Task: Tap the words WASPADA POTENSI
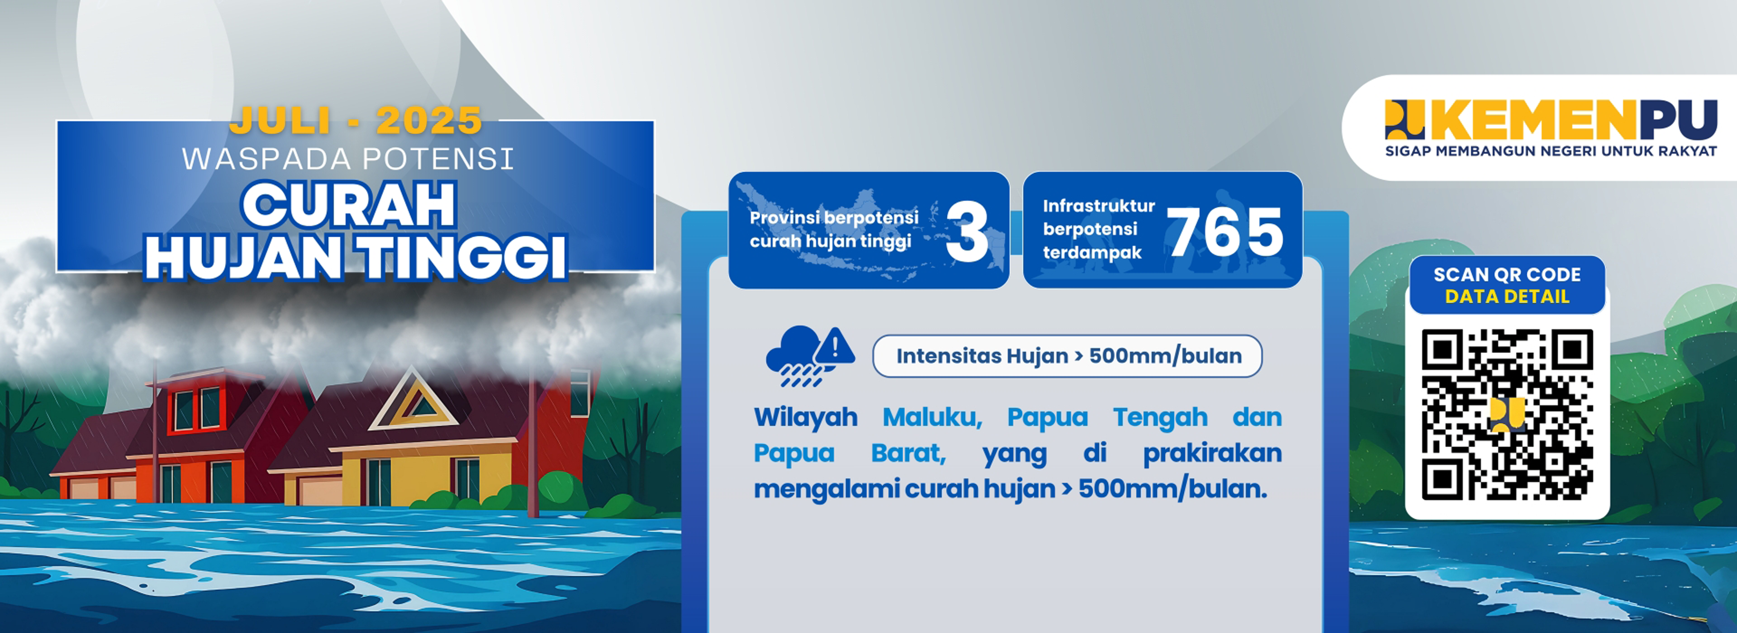(348, 159)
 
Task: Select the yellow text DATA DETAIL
(1507, 297)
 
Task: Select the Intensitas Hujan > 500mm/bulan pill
(1067, 356)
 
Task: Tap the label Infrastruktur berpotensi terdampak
(1098, 229)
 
